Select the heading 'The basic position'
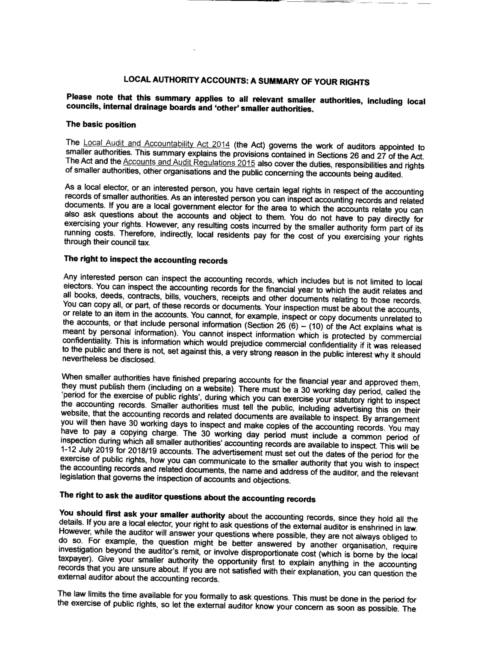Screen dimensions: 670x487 point(100,124)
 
